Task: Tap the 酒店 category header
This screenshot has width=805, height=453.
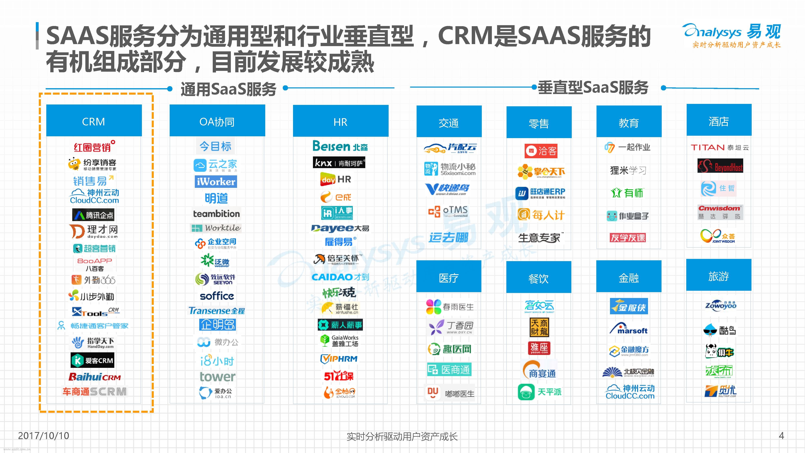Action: click(719, 121)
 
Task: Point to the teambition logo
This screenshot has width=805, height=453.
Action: click(216, 214)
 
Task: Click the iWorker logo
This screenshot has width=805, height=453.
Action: click(216, 182)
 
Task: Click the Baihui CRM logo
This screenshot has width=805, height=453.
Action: click(94, 377)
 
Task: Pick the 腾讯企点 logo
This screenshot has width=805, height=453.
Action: click(93, 215)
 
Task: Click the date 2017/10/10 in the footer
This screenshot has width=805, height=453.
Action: click(43, 435)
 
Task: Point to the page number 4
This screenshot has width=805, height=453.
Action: click(781, 435)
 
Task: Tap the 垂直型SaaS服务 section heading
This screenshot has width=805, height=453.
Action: click(593, 88)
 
